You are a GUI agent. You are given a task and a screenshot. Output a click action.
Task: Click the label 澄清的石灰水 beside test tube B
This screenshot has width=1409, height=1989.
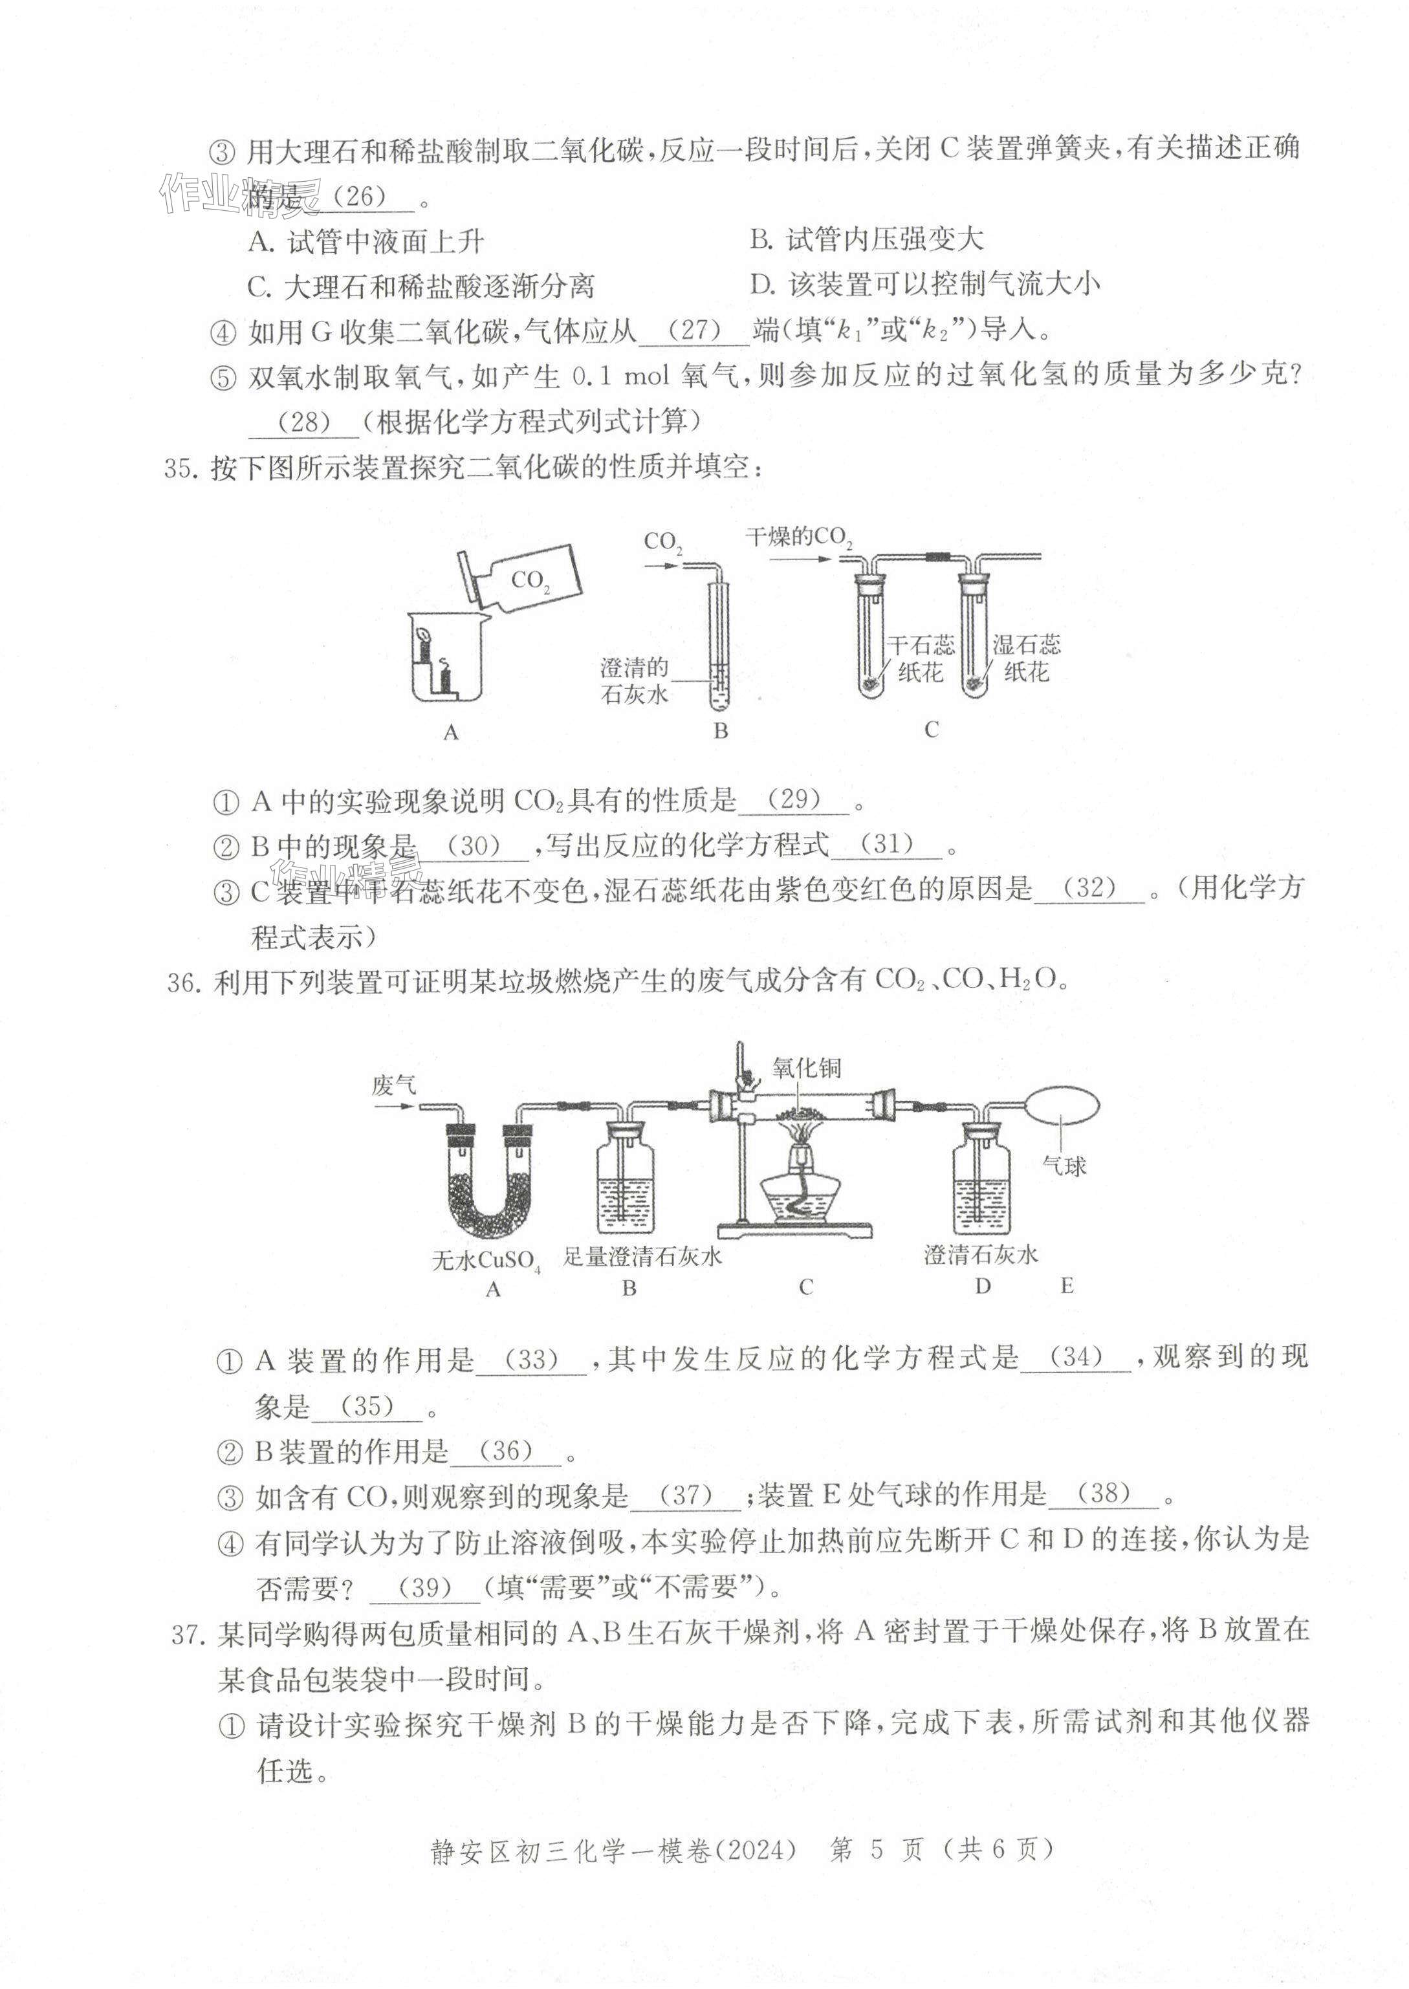point(634,681)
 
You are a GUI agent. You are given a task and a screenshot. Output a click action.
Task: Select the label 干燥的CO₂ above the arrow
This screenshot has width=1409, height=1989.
point(798,538)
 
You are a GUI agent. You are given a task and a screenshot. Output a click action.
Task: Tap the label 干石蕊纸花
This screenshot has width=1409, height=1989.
point(920,658)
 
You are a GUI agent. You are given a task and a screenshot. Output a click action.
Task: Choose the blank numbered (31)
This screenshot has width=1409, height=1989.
point(887,845)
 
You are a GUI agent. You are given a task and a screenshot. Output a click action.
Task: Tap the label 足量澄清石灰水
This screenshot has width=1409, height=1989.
point(642,1256)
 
